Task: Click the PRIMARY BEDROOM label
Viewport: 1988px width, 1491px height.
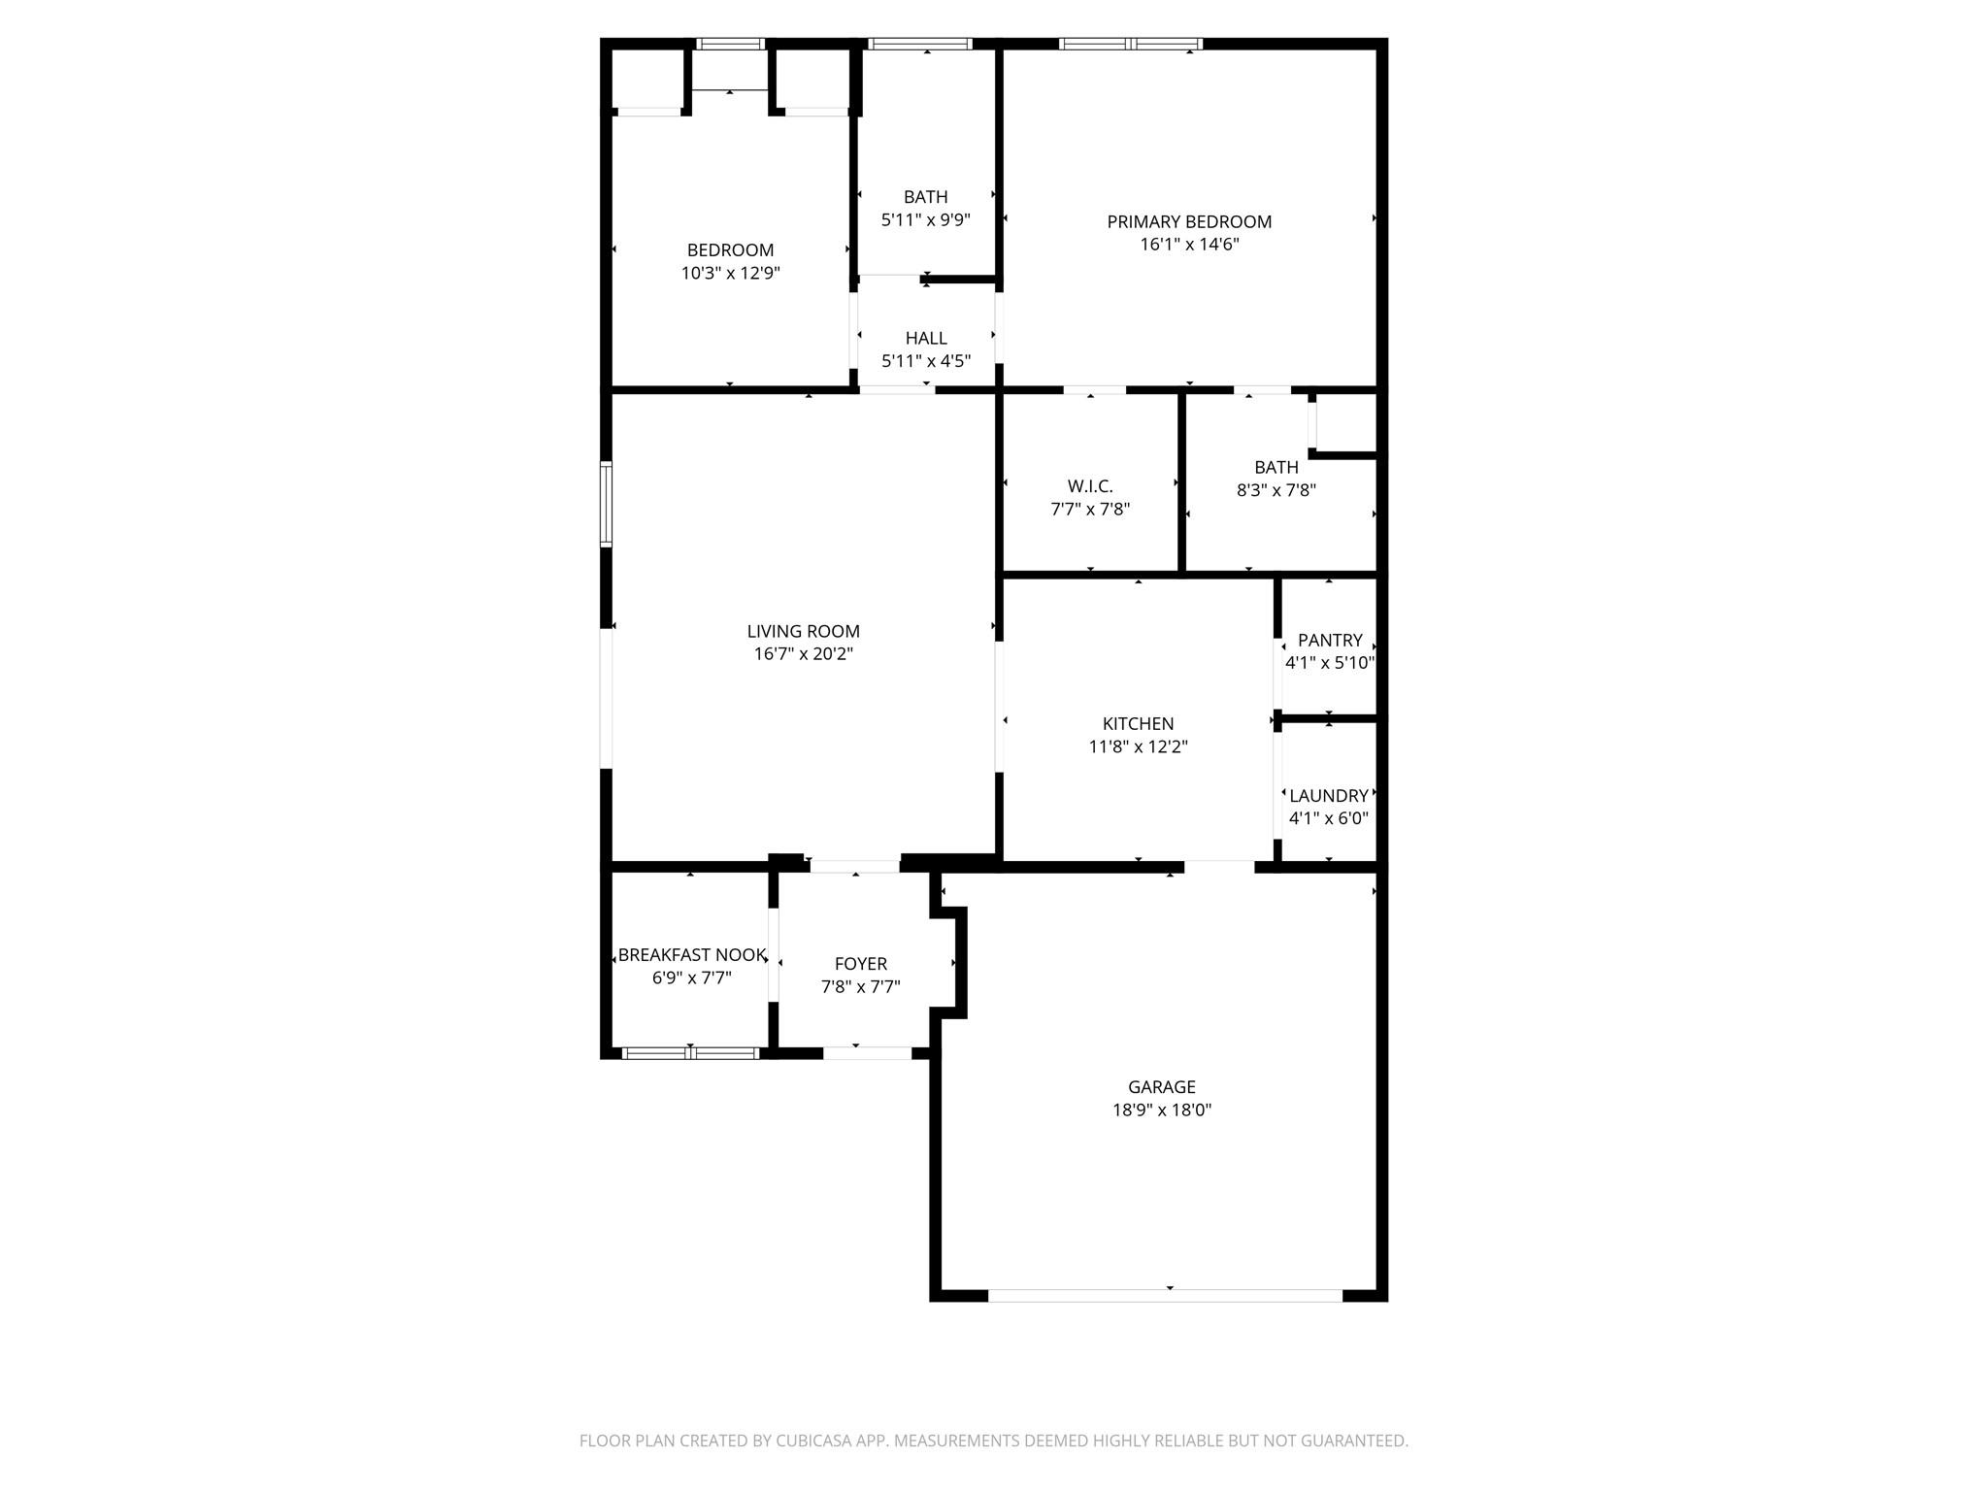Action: coord(1189,221)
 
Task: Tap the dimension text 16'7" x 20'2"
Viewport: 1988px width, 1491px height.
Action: coord(803,654)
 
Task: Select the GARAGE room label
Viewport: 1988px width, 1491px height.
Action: coord(1161,1087)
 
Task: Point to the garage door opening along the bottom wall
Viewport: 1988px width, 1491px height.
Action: coord(1165,1295)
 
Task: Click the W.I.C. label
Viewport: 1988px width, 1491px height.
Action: coord(1090,486)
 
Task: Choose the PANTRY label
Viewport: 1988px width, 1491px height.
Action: coord(1329,640)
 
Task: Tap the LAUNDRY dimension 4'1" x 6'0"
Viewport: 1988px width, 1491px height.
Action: coord(1328,818)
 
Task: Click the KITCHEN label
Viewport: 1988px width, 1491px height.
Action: coord(1138,723)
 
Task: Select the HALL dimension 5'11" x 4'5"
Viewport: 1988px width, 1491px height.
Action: coord(925,361)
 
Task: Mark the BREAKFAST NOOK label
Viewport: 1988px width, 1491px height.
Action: coord(691,954)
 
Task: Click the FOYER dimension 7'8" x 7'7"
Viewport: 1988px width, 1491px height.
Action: coord(860,987)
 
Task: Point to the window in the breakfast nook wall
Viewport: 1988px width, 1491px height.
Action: coord(690,1052)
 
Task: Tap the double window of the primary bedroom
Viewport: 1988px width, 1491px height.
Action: coord(1131,44)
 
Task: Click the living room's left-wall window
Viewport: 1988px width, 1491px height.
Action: coord(607,504)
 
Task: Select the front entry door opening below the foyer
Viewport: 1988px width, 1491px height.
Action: coord(867,1052)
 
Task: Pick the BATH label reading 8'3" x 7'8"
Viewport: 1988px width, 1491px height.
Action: coord(1276,467)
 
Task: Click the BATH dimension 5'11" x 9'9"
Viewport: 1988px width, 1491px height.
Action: coord(925,220)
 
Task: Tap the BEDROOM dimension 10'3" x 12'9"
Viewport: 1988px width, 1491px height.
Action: coord(730,274)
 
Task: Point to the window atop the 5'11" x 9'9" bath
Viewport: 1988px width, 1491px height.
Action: coord(919,44)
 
